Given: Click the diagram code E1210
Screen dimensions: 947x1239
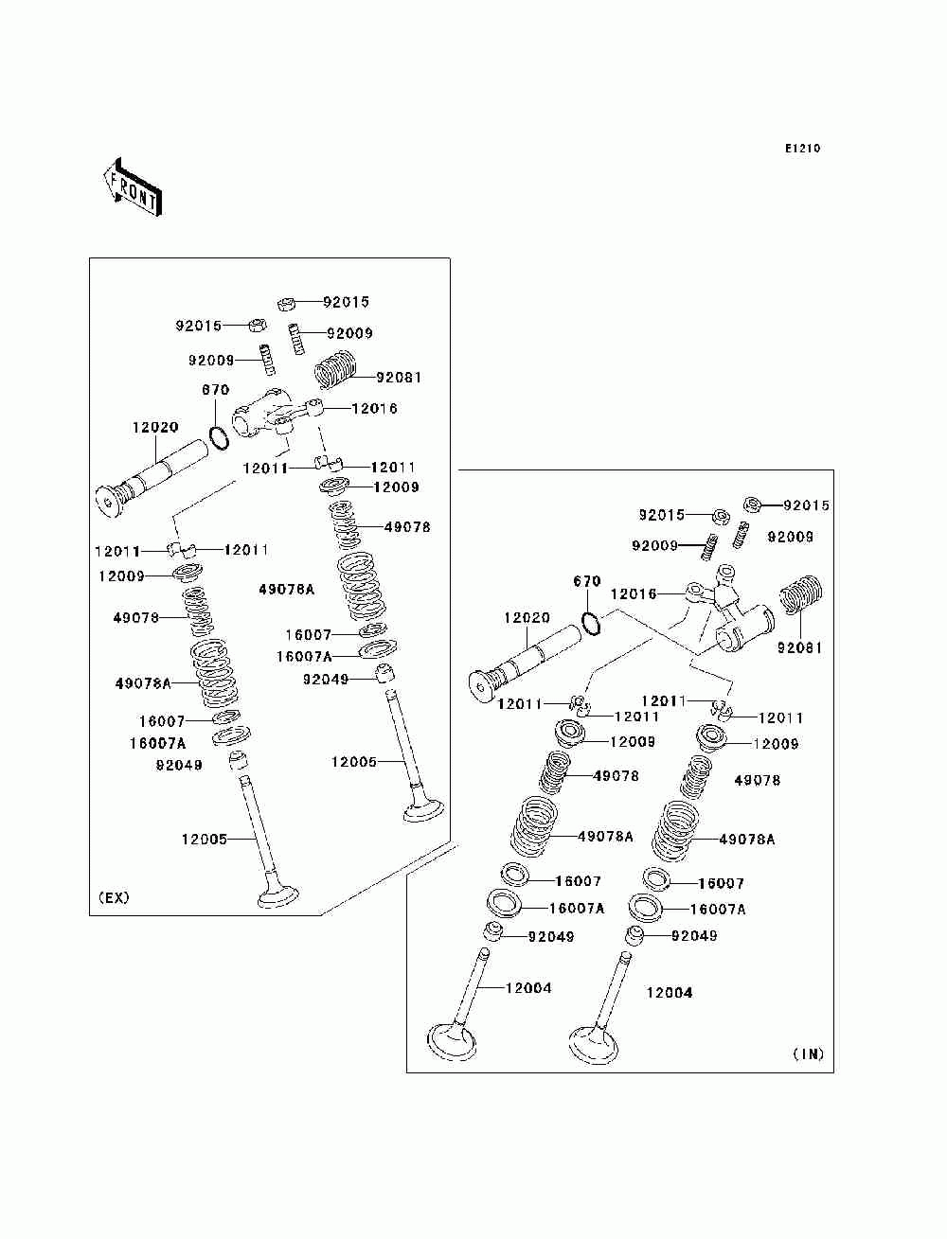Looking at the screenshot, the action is pos(802,149).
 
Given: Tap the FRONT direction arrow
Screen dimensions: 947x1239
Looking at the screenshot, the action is pos(133,187).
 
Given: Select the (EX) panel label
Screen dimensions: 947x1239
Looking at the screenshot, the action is pos(114,897).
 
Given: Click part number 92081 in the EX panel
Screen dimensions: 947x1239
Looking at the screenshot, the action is pos(400,378).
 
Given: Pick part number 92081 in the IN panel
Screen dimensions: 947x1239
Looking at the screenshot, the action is pos(799,648).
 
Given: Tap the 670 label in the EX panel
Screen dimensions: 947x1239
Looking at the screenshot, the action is pos(216,390).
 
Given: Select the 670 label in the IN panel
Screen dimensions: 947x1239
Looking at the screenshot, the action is pos(587,581).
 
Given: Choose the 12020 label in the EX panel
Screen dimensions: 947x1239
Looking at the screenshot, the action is pos(155,427).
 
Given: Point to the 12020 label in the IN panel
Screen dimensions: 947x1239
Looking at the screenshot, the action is pos(527,618).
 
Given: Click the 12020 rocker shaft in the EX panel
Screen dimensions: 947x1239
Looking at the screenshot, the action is pos(152,478).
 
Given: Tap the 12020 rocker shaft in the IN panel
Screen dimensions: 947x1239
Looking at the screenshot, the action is pos(526,665).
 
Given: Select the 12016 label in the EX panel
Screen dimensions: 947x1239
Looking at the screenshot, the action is pos(374,409).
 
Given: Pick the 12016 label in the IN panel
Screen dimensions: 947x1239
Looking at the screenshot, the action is pos(634,594).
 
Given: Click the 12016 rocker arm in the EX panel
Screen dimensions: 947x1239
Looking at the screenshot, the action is pos(271,416).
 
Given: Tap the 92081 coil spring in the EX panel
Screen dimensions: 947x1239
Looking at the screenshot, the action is pos(335,369).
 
